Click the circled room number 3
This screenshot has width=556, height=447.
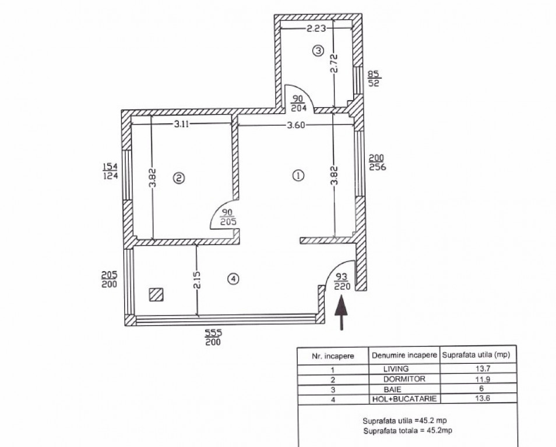[x=318, y=51]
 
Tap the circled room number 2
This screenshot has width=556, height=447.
[x=179, y=178]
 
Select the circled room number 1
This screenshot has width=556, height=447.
[x=298, y=175]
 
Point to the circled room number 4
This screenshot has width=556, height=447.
[x=233, y=279]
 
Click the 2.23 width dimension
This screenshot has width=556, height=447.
[x=316, y=28]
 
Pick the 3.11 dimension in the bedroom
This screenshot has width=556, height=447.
[x=181, y=124]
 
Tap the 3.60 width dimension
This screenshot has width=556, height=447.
[x=295, y=125]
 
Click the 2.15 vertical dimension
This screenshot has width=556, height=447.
[x=197, y=279]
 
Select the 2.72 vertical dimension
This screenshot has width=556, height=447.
[x=333, y=63]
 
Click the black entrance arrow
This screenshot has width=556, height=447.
[x=341, y=313]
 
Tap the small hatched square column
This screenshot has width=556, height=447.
[x=156, y=295]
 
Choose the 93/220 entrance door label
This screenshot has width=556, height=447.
[x=342, y=282]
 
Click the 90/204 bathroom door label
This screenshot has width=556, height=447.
[x=298, y=103]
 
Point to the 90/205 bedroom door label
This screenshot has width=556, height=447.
[x=228, y=217]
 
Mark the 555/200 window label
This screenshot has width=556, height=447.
[x=213, y=337]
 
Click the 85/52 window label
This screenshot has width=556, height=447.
[x=374, y=79]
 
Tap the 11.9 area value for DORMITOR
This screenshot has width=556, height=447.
[x=482, y=379]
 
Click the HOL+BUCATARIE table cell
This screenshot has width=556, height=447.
[x=404, y=399]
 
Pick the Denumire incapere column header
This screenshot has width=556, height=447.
[x=404, y=355]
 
